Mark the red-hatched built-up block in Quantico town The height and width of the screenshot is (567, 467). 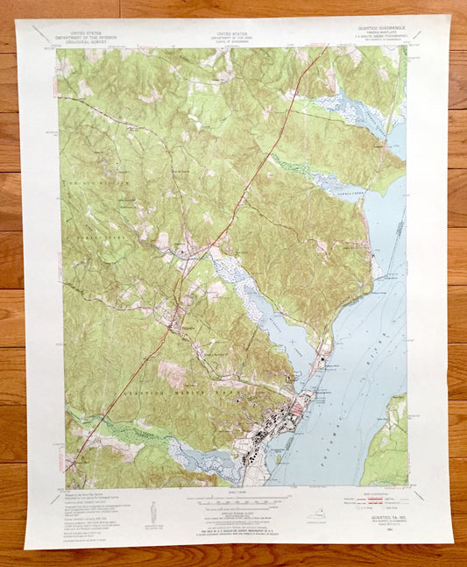tap(301, 405)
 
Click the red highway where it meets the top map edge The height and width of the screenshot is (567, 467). tap(326, 49)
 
